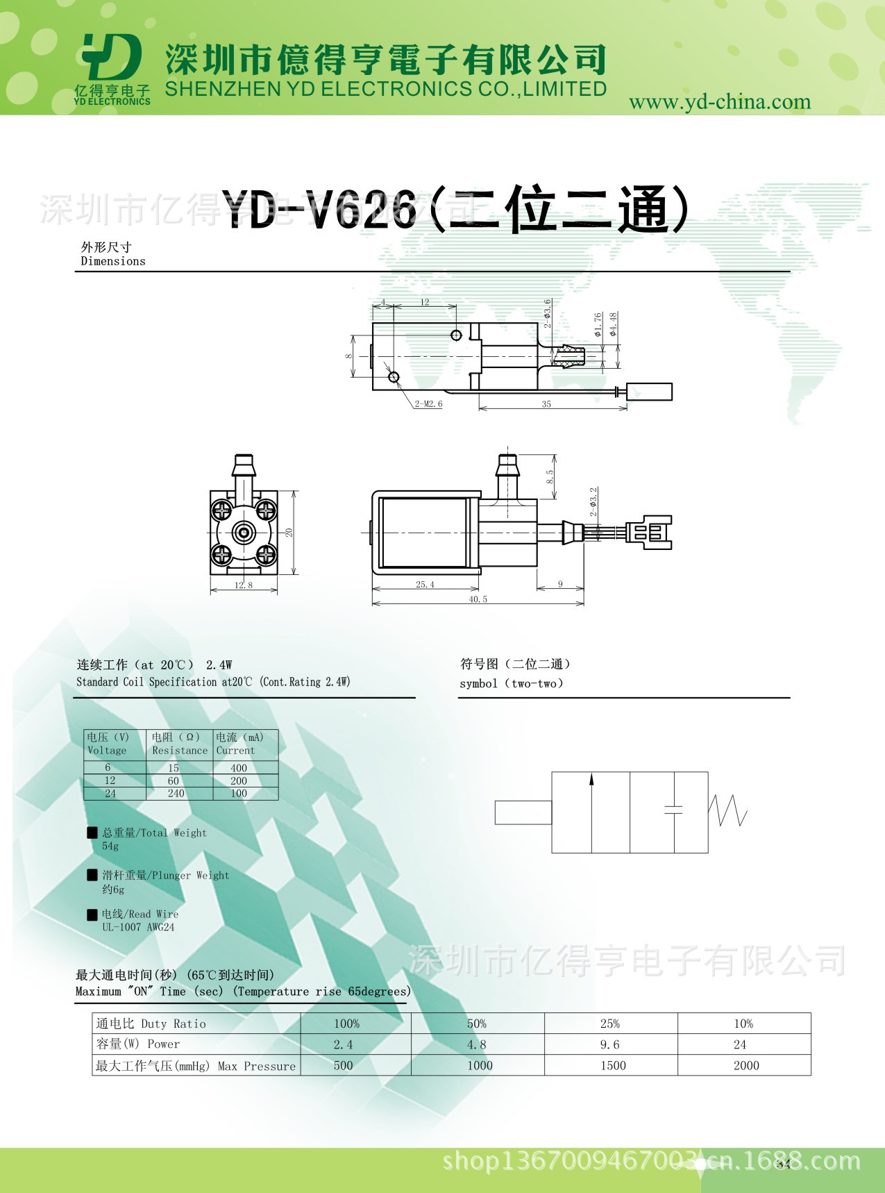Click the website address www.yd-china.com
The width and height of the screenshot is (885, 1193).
tap(719, 102)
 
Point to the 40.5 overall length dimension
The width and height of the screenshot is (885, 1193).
tap(478, 599)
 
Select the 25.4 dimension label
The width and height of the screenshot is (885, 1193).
tap(425, 585)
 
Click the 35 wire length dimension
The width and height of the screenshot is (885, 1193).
tap(546, 404)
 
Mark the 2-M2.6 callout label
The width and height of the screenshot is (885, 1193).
tap(428, 403)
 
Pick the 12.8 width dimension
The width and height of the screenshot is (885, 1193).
tap(244, 585)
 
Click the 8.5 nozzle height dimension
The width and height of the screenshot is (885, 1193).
tap(550, 477)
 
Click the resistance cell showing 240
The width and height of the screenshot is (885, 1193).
tap(176, 794)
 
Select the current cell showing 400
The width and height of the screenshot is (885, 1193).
tap(239, 768)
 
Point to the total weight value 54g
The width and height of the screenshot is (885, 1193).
tap(110, 846)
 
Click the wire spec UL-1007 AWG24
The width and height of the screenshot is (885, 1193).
tap(138, 927)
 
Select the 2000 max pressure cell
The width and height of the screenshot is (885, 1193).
tap(745, 1065)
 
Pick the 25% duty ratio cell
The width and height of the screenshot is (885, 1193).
tap(609, 1024)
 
